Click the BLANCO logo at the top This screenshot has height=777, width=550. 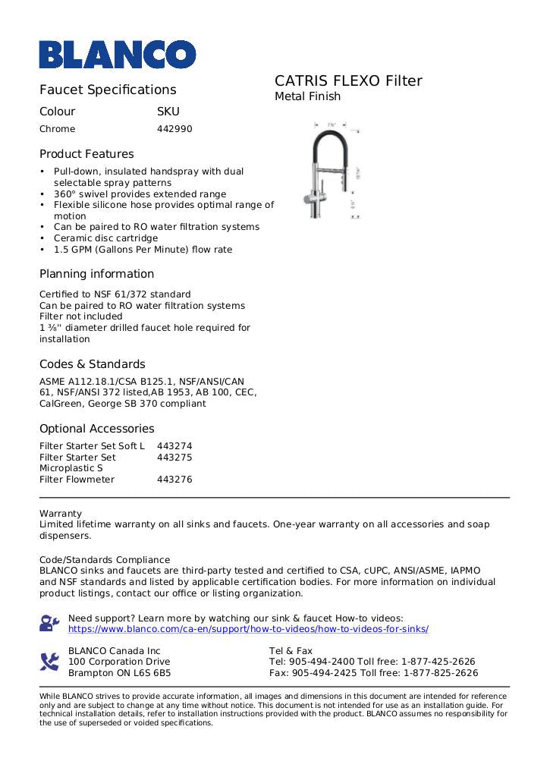point(118,54)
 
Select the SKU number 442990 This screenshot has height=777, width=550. point(174,129)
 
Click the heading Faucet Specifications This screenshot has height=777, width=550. point(108,90)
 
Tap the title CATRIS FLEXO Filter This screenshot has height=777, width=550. point(348,81)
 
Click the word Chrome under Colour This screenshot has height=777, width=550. point(58,129)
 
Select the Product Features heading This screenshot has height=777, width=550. point(86,154)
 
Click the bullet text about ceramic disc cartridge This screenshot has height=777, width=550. point(105,238)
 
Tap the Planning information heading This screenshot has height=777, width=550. point(96,274)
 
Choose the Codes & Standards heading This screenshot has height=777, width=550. point(92,364)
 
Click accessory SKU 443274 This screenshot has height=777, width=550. point(174,446)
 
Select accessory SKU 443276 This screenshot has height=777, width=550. point(174,480)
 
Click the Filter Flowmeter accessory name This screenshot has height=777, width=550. point(77,480)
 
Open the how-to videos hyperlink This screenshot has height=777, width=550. point(248,629)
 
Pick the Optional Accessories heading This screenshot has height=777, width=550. point(96,429)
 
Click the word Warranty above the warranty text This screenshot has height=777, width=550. point(61,514)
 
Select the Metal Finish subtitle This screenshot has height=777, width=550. point(307,96)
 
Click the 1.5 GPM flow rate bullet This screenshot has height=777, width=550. point(143,250)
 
